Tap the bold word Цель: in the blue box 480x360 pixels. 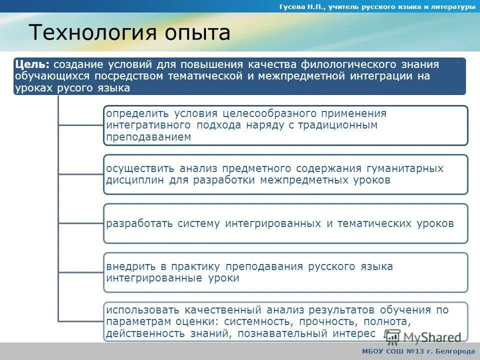tap(32, 64)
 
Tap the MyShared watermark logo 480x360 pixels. tap(422, 337)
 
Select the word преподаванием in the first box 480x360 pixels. tap(148, 137)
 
